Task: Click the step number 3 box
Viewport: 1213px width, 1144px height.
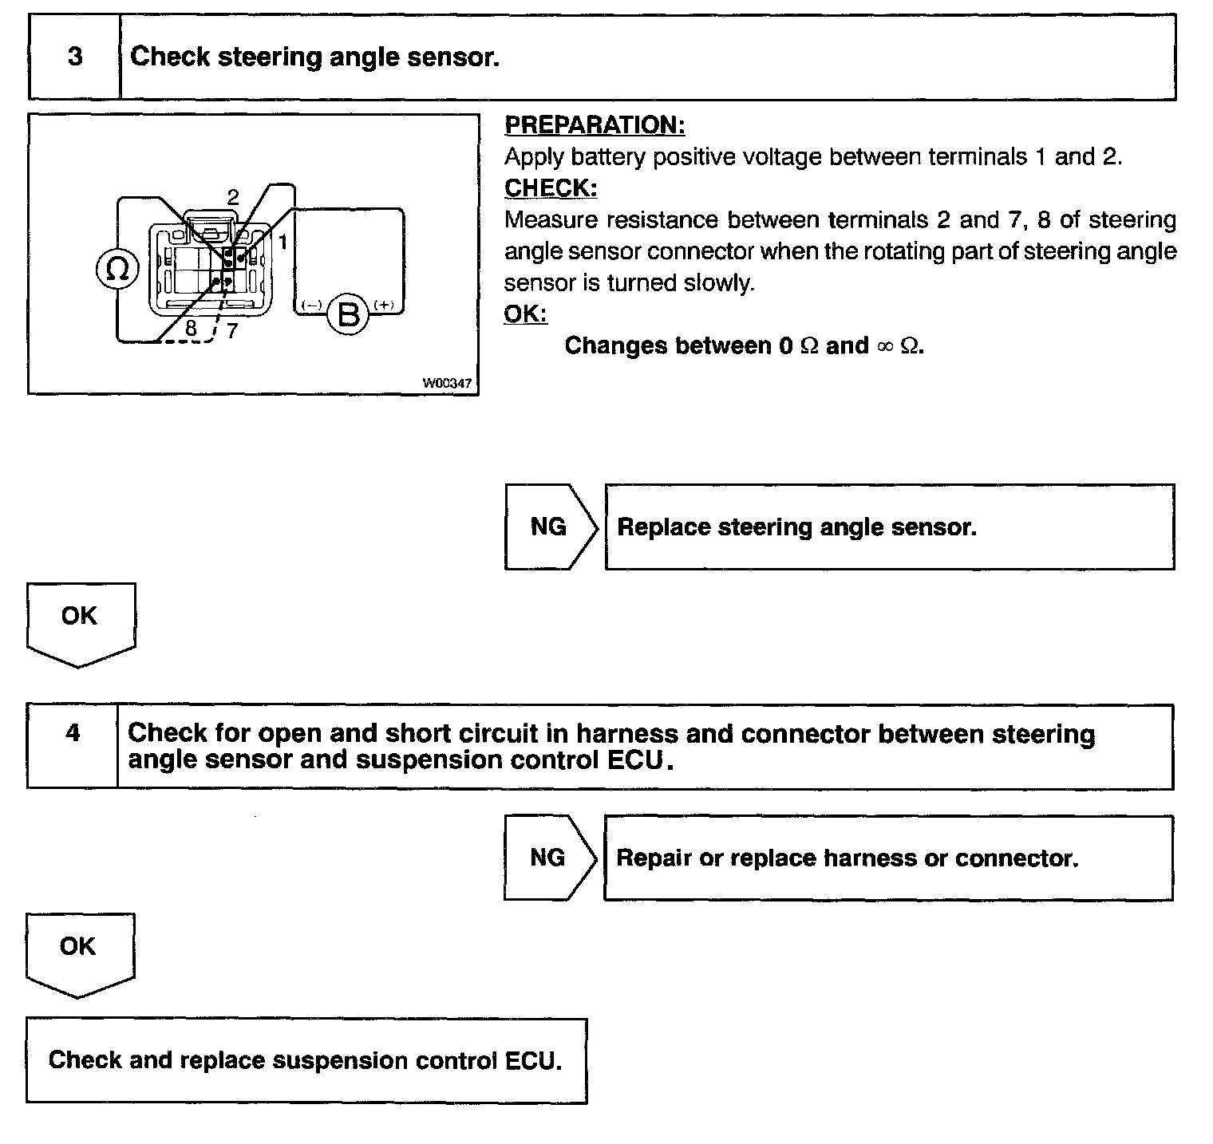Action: pos(74,57)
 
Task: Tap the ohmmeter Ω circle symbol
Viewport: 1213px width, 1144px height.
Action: pos(117,270)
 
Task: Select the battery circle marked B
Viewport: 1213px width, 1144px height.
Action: pos(349,314)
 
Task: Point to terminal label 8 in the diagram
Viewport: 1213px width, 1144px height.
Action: pos(191,328)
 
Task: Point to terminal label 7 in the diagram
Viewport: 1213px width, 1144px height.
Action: pos(231,330)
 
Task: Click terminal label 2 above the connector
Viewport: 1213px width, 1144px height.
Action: pos(233,197)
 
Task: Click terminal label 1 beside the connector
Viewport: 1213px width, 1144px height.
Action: pos(282,240)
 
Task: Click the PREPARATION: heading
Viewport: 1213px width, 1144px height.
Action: pos(595,125)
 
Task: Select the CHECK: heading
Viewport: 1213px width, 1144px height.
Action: pos(551,188)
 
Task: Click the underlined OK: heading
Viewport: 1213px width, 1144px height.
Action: pos(525,314)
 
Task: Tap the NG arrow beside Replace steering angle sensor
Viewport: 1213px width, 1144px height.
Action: pos(550,527)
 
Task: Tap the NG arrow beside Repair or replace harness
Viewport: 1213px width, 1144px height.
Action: pos(549,858)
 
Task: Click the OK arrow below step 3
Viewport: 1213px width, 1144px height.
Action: pos(80,622)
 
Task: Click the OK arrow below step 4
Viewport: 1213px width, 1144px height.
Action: pos(79,953)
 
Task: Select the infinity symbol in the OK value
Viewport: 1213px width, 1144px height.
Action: pos(884,346)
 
